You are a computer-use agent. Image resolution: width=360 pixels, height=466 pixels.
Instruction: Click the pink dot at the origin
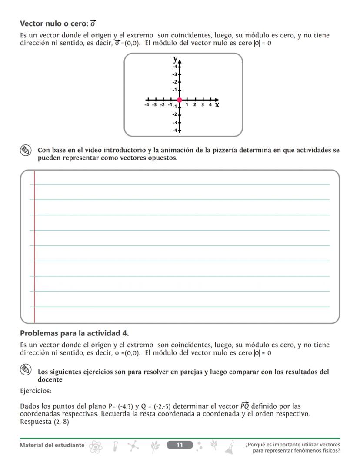coord(180,100)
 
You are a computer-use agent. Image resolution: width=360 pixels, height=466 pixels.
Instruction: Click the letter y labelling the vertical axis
coord(175,59)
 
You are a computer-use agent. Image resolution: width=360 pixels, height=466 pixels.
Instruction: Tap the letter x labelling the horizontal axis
coord(217,105)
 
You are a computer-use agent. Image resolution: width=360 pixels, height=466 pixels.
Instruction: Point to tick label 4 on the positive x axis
coord(210,105)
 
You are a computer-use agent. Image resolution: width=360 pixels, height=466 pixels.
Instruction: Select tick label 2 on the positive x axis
coord(195,105)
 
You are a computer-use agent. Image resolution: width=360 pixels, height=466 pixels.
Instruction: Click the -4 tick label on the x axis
coord(147,105)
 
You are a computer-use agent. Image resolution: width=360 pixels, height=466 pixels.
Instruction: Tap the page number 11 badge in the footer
coord(180,445)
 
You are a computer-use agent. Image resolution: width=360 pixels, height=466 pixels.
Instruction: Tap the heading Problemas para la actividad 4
coord(74,333)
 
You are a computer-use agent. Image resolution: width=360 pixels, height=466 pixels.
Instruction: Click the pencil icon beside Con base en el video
coord(26,151)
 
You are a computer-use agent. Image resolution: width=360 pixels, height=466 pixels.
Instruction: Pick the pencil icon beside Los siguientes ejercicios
coord(26,370)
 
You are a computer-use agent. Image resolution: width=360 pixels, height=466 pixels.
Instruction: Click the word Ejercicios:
coord(36,391)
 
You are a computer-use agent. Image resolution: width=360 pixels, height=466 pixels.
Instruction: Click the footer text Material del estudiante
coord(53,445)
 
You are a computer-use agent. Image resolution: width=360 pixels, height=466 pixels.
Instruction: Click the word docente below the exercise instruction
coord(50,379)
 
